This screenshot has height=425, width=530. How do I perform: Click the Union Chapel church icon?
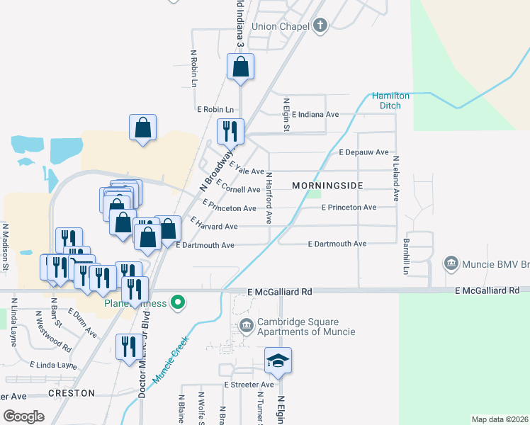tap(320, 26)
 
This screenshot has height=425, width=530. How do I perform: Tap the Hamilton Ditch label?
tap(391, 101)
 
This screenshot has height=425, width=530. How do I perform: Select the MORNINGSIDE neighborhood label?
tap(327, 186)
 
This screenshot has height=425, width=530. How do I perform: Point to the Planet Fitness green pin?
tap(179, 303)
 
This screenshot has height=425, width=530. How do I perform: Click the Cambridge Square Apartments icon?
tap(246, 326)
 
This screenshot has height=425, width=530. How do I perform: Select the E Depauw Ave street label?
tap(363, 152)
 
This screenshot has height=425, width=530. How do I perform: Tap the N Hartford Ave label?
tap(269, 198)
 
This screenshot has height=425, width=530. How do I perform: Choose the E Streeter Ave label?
tap(249, 385)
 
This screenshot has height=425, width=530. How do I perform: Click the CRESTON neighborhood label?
tap(72, 393)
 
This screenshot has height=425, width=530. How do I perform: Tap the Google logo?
tap(24, 416)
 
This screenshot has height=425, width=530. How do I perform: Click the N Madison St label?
tap(5, 247)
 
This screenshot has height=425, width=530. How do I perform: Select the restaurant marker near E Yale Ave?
tap(230, 131)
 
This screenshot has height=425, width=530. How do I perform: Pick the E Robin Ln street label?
tap(215, 110)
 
